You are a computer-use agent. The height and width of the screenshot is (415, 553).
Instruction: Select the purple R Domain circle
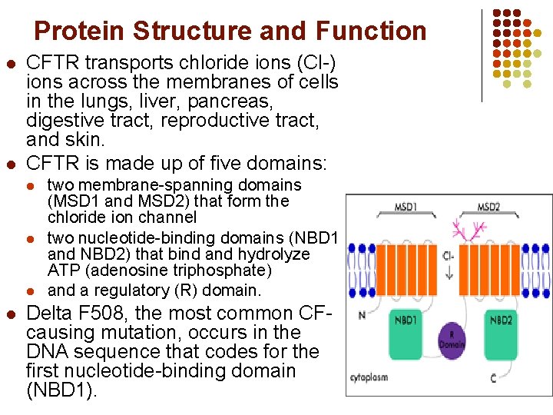[x=452, y=339]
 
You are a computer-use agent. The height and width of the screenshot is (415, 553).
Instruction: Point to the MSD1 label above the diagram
[x=405, y=207]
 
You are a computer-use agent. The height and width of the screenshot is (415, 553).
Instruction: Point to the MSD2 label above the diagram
[x=489, y=207]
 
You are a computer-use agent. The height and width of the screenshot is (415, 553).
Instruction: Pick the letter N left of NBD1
[x=362, y=315]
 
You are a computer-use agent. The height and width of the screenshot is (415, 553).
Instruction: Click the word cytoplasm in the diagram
[x=369, y=378]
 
